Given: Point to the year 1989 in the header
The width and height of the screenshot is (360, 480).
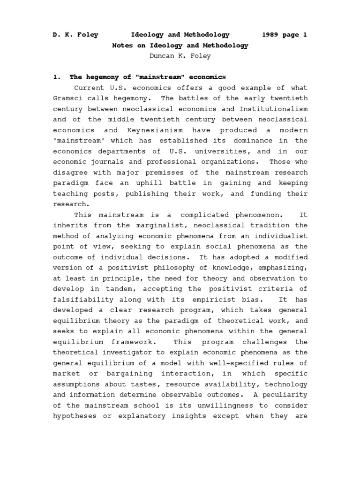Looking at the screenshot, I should (x=271, y=35).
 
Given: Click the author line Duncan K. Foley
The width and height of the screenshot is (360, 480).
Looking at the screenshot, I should (x=180, y=56).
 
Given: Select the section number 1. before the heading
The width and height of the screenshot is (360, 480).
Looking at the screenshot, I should (x=57, y=77).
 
